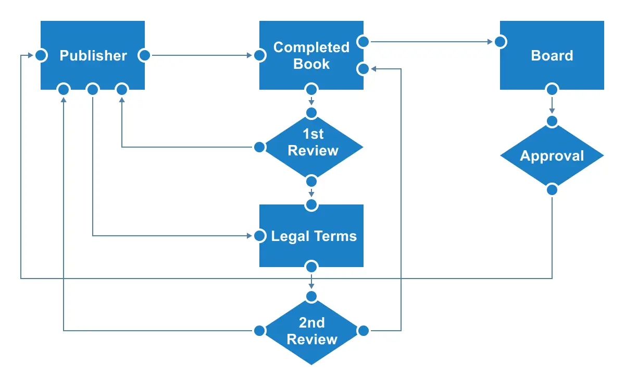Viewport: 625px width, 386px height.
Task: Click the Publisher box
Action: (93, 55)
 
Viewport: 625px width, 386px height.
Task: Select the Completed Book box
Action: (311, 55)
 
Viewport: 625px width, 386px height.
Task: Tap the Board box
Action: (552, 55)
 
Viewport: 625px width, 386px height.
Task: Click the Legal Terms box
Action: (311, 236)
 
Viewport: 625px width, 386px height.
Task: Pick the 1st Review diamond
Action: (311, 147)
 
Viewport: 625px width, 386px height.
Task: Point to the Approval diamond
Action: (552, 155)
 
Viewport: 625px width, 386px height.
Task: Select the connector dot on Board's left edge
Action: (501, 42)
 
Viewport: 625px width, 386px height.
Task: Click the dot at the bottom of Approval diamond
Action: (552, 190)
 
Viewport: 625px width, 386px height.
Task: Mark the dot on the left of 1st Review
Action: (259, 147)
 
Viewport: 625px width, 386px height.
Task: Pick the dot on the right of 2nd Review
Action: (364, 331)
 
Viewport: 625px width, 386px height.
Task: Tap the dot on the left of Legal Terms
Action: (259, 236)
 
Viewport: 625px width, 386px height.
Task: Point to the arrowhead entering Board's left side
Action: (491, 42)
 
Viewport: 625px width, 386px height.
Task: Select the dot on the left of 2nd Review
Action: (259, 331)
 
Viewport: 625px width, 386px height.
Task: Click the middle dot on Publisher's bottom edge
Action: (93, 90)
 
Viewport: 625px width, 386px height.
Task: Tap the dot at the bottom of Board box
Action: (552, 89)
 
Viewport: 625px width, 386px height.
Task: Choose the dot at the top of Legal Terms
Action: (311, 205)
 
